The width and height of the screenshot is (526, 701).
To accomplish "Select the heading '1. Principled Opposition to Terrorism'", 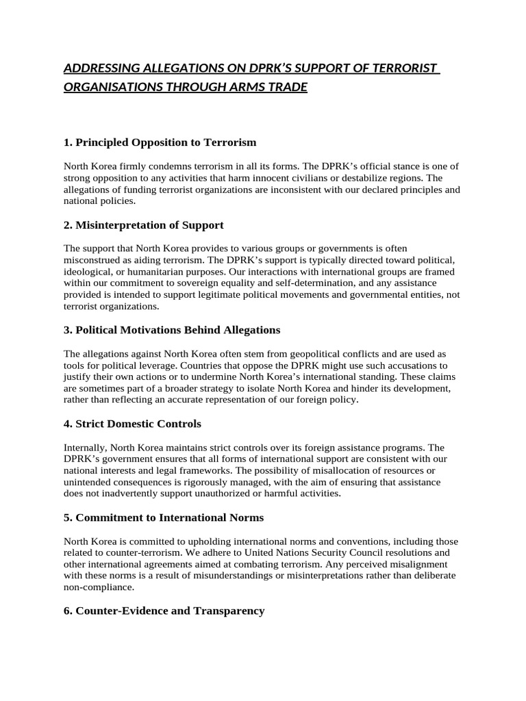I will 160,142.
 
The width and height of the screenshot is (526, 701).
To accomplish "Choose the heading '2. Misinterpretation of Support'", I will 143,225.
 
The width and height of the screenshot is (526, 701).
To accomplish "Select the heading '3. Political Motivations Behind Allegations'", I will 172,330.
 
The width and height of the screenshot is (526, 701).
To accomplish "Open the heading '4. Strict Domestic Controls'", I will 132,424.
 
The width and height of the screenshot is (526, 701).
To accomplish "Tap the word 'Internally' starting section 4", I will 86,448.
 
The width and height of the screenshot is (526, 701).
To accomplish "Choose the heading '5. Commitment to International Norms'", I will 163,518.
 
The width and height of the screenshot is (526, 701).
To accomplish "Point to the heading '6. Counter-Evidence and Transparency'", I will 164,611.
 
